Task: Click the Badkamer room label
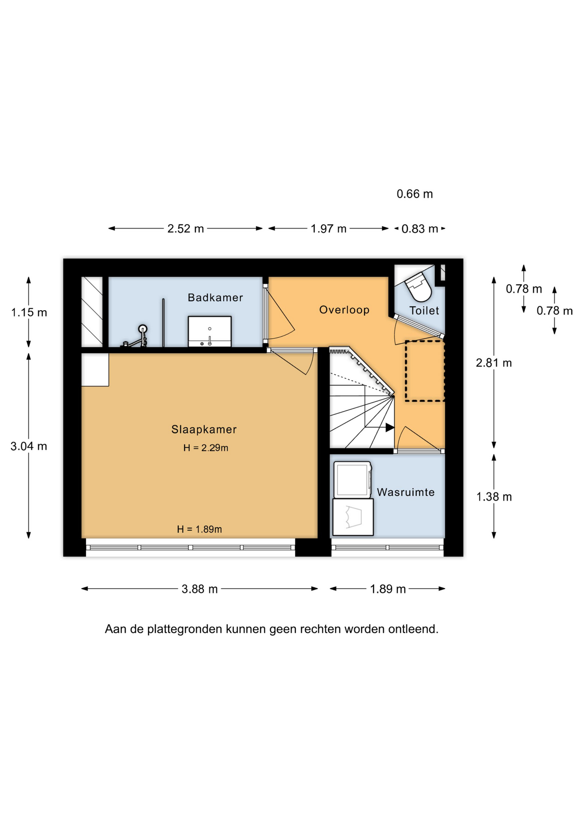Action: (215, 297)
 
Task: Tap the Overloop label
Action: (344, 310)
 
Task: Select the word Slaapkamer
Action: (204, 429)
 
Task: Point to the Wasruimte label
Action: (406, 492)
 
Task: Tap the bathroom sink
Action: (210, 331)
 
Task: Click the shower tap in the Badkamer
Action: (137, 337)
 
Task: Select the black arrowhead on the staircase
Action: (390, 428)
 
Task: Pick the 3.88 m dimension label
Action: (200, 589)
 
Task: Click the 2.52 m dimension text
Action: (185, 229)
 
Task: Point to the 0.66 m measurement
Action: (415, 194)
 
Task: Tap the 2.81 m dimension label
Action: (494, 363)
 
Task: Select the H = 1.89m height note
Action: (200, 529)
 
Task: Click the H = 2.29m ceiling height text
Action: (206, 448)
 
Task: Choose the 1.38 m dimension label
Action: (494, 497)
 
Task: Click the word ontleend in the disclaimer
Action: (413, 629)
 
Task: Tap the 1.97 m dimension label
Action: (328, 229)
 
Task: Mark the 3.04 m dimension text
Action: (29, 446)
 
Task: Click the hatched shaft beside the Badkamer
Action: (92, 312)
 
